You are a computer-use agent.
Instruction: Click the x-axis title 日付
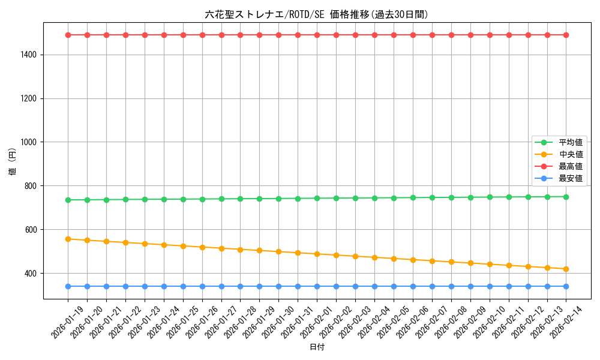pyautogui.click(x=317, y=347)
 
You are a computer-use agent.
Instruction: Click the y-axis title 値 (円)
pyautogui.click(x=13, y=162)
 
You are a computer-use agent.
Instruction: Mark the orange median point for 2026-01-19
pyautogui.click(x=68, y=239)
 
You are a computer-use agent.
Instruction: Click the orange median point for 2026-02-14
pyautogui.click(x=566, y=269)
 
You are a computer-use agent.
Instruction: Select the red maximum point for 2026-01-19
pyautogui.click(x=68, y=35)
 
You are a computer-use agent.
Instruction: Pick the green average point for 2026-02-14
pyautogui.click(x=566, y=197)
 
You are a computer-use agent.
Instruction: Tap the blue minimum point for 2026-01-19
pyautogui.click(x=68, y=286)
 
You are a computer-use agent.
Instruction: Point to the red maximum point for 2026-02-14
pyautogui.click(x=566, y=35)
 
